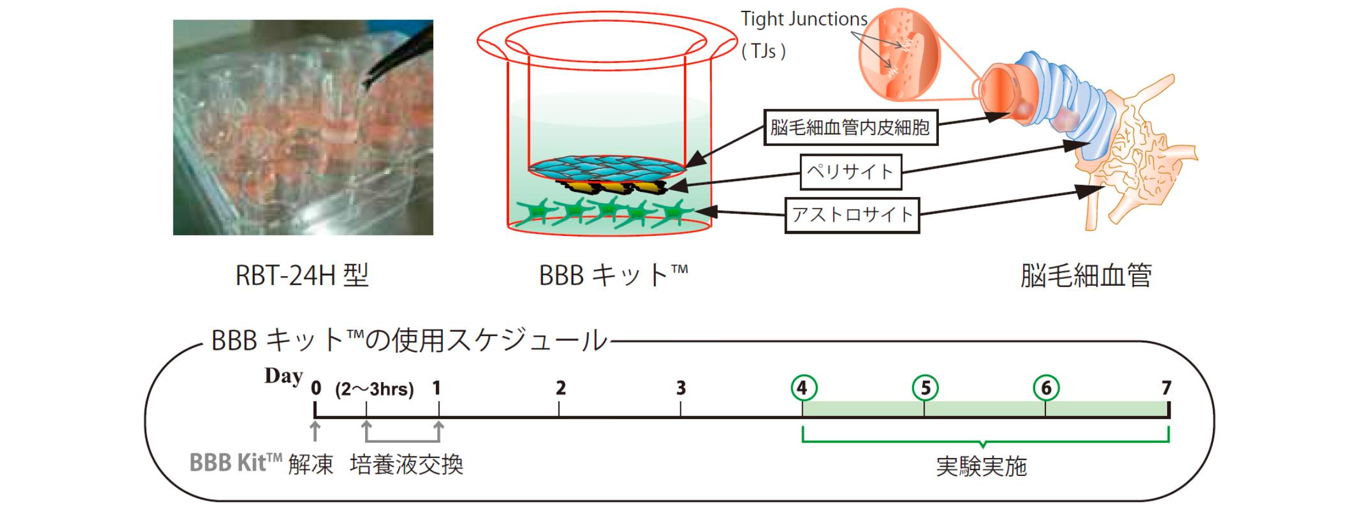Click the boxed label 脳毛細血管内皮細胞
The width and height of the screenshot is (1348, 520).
pos(850,127)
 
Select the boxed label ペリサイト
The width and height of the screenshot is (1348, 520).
pos(850,171)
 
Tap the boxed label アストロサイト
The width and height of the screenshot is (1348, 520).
pos(852,215)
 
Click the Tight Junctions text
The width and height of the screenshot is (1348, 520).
pos(804,19)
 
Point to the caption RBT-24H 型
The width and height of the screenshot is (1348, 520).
pos(302,275)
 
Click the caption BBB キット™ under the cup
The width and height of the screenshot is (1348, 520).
pos(613,275)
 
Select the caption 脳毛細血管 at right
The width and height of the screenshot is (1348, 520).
pos(1086,275)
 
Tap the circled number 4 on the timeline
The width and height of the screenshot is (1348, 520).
pos(803,388)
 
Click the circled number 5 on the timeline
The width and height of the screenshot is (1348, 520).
pos(925,388)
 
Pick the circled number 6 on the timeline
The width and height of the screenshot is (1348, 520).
pos(1046,388)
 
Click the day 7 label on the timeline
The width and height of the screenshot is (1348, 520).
pos(1166,388)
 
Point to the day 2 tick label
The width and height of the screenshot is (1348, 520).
pos(561,388)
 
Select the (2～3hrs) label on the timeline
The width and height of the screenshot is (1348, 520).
pos(375,389)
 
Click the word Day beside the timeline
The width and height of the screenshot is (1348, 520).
pos(283,376)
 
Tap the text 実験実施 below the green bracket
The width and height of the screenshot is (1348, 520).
pos(981,467)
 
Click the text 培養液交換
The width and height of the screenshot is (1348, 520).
pos(406,464)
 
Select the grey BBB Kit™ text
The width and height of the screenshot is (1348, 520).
pos(235,463)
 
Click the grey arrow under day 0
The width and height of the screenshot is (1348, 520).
pos(315,431)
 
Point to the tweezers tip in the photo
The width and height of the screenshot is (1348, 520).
pos(366,86)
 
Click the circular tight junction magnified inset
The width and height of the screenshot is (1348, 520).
pos(899,55)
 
